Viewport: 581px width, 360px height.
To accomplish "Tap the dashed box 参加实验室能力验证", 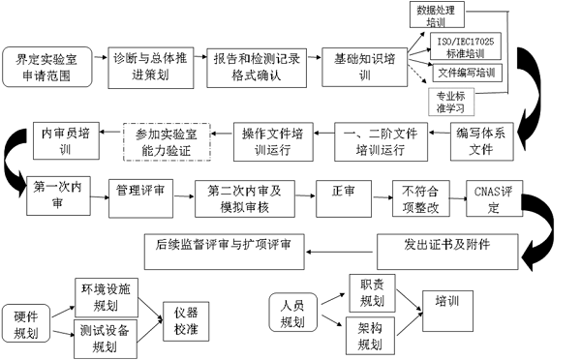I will tap(166, 144).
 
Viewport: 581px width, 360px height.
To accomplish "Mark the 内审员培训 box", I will tap(64, 143).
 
